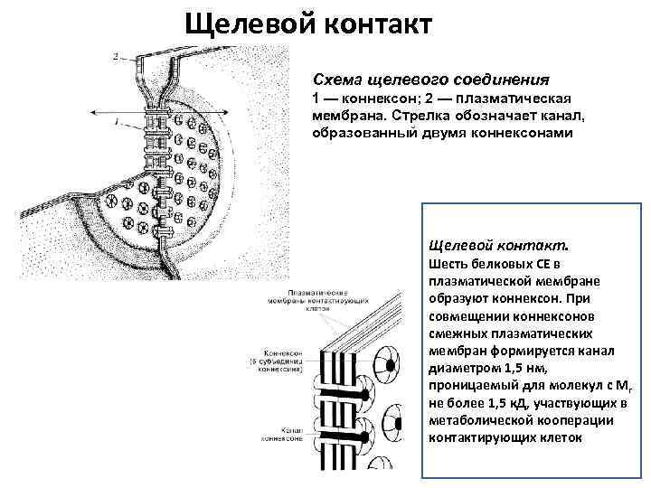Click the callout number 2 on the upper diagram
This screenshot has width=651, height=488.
point(116,56)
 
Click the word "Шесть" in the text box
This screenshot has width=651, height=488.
point(450,264)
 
